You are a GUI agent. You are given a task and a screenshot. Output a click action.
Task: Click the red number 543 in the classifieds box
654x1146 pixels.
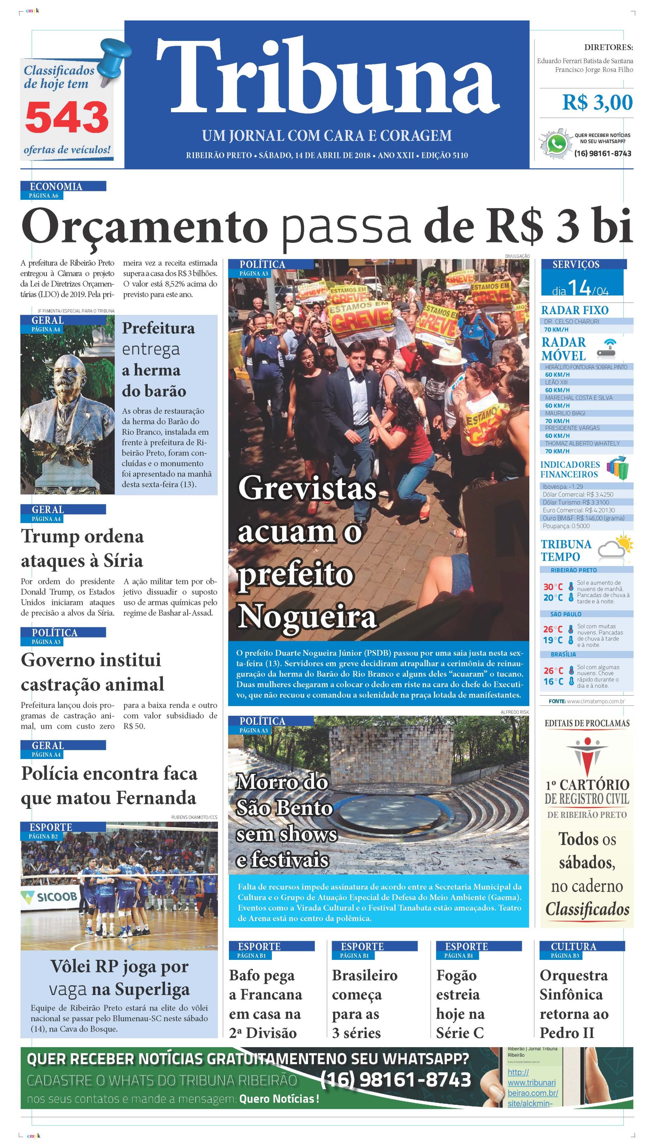pyautogui.click(x=66, y=117)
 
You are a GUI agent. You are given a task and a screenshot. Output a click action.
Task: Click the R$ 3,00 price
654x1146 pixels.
pyautogui.click(x=597, y=103)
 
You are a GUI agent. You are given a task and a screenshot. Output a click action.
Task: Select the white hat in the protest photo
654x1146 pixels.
pyautogui.click(x=449, y=355)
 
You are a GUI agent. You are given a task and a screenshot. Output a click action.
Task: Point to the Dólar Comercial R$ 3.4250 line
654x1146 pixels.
pyautogui.click(x=578, y=494)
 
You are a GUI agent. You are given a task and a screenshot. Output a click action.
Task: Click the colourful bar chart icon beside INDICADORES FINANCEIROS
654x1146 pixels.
pyautogui.click(x=617, y=468)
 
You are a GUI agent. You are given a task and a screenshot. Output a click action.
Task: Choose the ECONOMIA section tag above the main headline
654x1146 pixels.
pyautogui.click(x=56, y=186)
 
